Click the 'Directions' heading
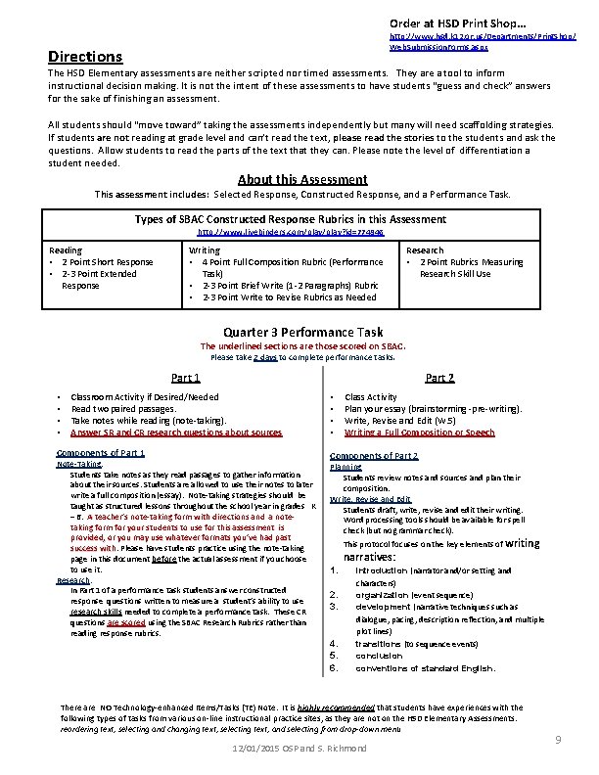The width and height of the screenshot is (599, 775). coord(86,58)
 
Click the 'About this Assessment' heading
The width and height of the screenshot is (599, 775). coord(302,179)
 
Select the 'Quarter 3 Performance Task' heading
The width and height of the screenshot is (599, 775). coord(303,332)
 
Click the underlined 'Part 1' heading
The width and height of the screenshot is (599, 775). coord(186,378)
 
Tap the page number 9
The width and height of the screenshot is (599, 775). coord(557,741)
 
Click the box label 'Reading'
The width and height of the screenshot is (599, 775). coord(67,251)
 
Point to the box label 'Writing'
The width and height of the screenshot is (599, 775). coord(204,251)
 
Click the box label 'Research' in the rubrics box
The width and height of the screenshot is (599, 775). coord(425,251)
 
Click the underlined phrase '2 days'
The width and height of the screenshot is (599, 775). coord(265,358)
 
